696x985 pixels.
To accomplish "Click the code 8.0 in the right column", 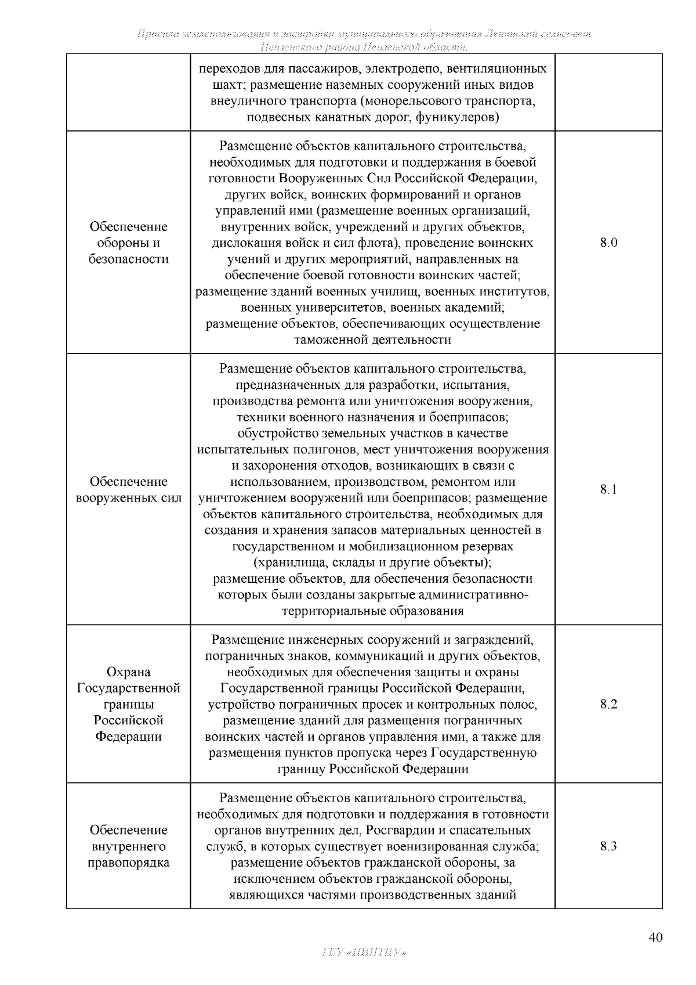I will coord(608,243).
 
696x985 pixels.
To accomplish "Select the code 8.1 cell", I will coord(608,489).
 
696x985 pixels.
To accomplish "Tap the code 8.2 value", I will coord(608,704).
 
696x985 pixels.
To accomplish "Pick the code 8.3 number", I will coord(608,846).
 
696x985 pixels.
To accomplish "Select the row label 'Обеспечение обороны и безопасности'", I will coord(129,243).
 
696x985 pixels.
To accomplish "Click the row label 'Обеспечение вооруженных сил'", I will coord(129,490).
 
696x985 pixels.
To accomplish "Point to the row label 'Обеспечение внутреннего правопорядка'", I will coord(129,846).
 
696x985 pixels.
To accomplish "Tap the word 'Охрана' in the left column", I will coord(129,672).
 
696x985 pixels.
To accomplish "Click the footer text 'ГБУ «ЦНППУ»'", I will coord(364,952).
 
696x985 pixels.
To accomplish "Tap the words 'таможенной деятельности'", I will coord(373,340).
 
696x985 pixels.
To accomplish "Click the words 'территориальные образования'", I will coord(373,611).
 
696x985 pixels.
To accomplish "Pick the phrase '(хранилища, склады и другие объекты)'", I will coord(373,562).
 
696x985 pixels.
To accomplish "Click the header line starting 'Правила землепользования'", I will coord(364,34).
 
